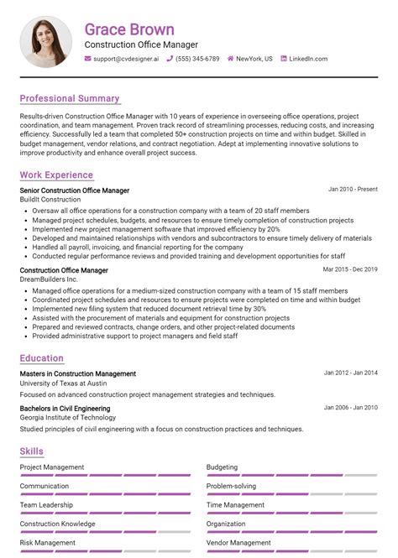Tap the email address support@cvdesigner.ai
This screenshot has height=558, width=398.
point(126,59)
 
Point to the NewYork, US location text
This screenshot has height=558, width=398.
point(254,59)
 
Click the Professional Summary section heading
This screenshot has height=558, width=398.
point(70,98)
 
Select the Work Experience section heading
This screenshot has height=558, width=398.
point(56,175)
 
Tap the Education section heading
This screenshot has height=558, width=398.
point(41,358)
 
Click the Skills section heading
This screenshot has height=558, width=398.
point(32,451)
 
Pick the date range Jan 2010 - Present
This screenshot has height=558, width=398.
point(353,190)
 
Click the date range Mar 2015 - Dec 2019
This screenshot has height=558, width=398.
point(350,270)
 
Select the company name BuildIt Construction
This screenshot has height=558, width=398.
point(50,200)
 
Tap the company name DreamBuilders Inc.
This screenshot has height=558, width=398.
point(50,280)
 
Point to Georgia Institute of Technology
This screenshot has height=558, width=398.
point(67,417)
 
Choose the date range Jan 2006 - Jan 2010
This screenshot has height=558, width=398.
point(350,408)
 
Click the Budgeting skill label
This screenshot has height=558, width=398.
point(222,467)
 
